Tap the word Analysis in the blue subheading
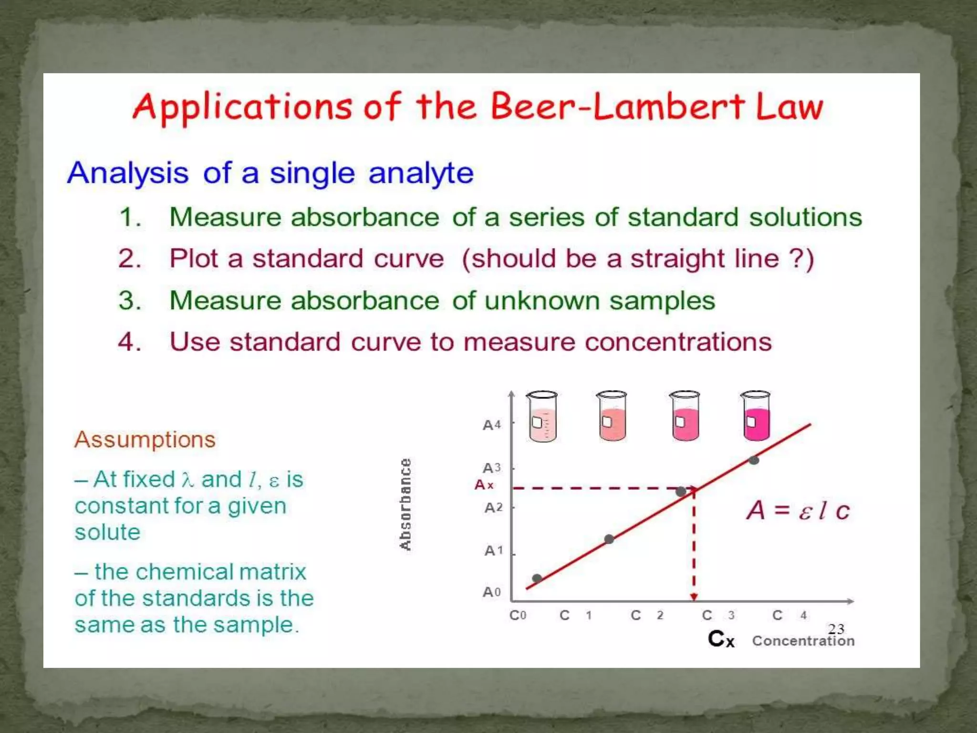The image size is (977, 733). click(128, 173)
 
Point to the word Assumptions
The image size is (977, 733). click(145, 440)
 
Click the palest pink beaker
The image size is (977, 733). click(542, 417)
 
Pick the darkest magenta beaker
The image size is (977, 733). click(756, 417)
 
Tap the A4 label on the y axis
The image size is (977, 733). click(492, 425)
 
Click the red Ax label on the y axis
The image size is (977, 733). click(484, 485)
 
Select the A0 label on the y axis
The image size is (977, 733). click(492, 592)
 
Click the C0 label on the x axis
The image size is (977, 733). click(518, 615)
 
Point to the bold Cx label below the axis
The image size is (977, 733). click(721, 639)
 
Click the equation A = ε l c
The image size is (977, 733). click(798, 510)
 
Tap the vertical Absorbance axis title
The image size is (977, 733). click(405, 504)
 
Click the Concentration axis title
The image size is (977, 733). click(803, 641)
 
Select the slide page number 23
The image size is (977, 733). click(836, 628)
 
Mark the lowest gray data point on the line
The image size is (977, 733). click(537, 578)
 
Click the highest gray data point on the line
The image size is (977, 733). click(754, 461)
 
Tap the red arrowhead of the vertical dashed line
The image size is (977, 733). click(694, 597)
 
